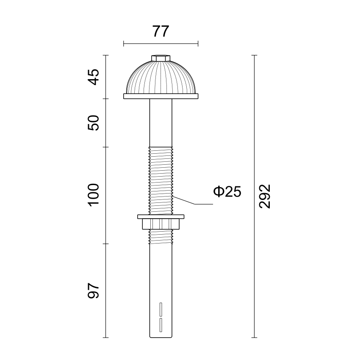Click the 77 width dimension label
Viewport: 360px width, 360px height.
(x=161, y=31)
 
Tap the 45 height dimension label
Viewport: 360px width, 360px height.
(x=94, y=77)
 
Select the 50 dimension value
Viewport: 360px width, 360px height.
(x=94, y=123)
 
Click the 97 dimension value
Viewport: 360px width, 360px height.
(x=94, y=291)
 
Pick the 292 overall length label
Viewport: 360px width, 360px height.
(x=265, y=196)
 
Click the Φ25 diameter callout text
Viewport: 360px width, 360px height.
(x=227, y=192)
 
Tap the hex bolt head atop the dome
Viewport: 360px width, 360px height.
(x=161, y=58)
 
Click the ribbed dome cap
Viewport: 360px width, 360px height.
(x=161, y=78)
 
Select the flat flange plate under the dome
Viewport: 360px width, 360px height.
(x=161, y=96)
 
